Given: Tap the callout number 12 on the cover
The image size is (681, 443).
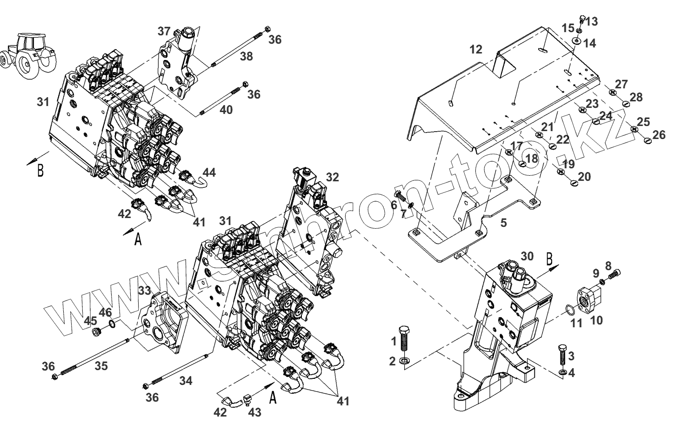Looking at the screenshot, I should coord(476,49).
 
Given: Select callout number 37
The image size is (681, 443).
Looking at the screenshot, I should coord(164,32).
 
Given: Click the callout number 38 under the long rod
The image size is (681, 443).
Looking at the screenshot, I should coord(246,57).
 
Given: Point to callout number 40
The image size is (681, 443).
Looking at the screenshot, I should coord(226,110).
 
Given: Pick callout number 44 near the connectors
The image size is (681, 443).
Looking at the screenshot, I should coord(209,172).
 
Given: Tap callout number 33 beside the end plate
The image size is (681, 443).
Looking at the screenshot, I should coord(145,291).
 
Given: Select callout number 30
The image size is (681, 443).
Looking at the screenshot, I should coord(527,256).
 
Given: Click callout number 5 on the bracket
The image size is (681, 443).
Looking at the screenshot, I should coord(503,223).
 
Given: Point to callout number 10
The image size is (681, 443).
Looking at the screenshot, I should coord(596,320).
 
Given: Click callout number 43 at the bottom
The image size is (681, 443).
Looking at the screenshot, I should coord(254,412).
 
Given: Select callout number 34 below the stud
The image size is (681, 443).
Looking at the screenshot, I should coord(186,381).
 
